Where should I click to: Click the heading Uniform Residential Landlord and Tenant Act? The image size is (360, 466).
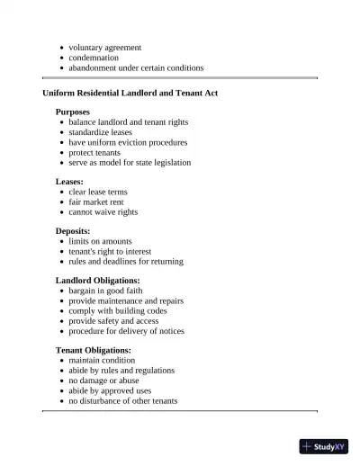point(130,93)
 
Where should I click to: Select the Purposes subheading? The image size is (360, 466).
point(73,112)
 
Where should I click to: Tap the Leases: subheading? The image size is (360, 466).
point(69,182)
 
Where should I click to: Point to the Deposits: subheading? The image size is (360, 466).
point(73,231)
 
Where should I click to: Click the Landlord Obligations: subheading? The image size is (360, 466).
point(97,281)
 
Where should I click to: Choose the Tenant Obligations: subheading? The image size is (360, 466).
point(94,350)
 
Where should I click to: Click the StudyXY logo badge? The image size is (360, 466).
point(324,445)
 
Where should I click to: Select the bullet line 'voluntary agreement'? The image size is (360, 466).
point(104,47)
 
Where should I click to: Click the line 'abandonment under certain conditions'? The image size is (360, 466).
point(136,67)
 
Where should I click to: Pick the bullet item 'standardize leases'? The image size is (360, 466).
point(100,132)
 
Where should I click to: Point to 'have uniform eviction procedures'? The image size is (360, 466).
point(128,142)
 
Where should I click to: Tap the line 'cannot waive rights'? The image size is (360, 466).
point(103,212)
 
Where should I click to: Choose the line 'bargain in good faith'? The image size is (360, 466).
point(105,291)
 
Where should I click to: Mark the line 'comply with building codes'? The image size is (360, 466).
point(117,311)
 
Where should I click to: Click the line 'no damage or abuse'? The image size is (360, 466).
point(103,381)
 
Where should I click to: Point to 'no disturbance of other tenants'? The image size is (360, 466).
point(123,401)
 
